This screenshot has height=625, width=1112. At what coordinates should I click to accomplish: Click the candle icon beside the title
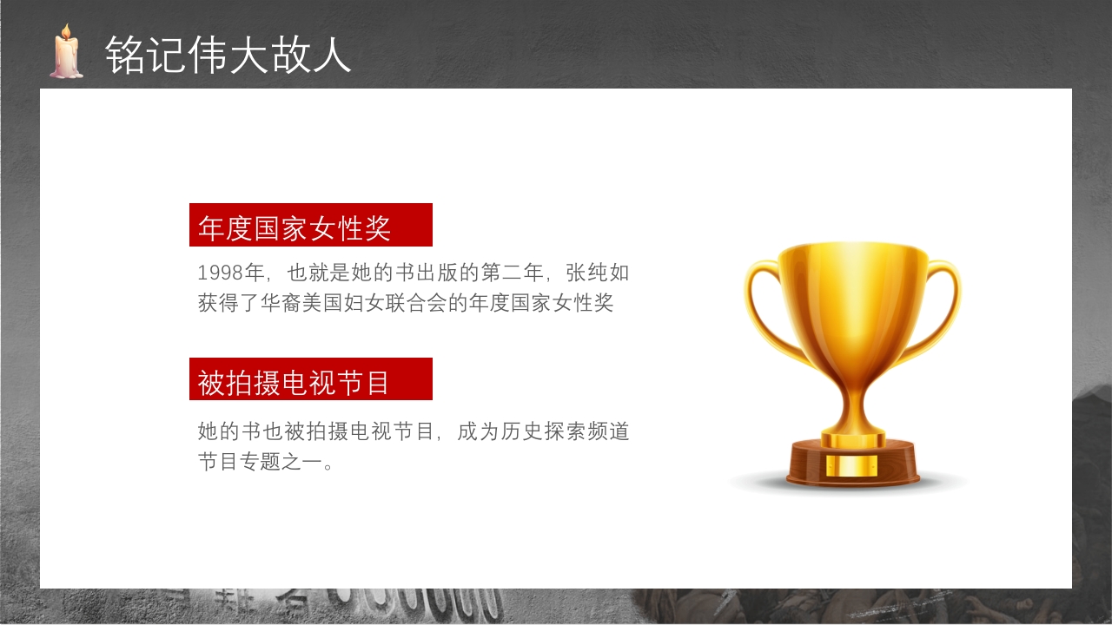pyautogui.click(x=66, y=55)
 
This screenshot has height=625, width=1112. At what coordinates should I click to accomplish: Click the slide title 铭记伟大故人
pyautogui.click(x=228, y=55)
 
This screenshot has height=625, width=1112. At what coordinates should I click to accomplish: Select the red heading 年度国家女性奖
pyautogui.click(x=295, y=227)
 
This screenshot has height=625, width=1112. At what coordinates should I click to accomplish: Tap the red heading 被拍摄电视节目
pyautogui.click(x=295, y=382)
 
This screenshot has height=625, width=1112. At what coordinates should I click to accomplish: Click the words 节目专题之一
pyautogui.click(x=258, y=462)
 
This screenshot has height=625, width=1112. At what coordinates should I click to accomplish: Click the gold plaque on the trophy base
pyautogui.click(x=852, y=465)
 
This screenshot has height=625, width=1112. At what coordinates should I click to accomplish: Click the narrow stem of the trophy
pyautogui.click(x=853, y=401)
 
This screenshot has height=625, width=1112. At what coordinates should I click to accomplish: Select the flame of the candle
pyautogui.click(x=66, y=32)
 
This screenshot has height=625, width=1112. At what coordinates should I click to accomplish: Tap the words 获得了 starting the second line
pyautogui.click(x=229, y=303)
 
